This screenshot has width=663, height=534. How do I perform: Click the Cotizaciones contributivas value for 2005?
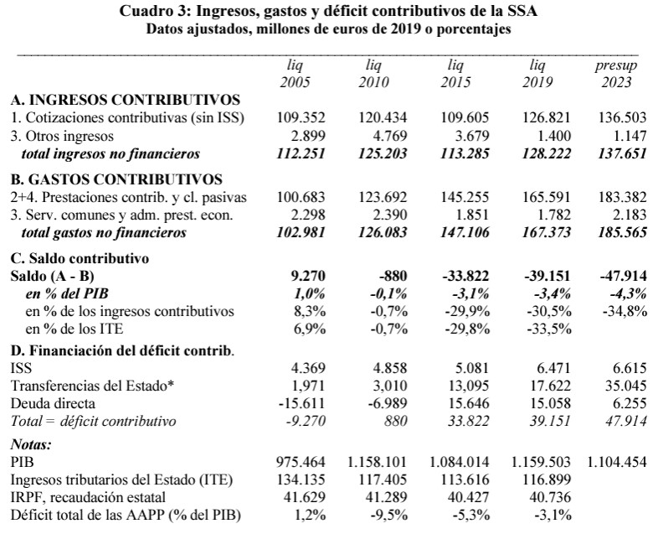tap(301, 118)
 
